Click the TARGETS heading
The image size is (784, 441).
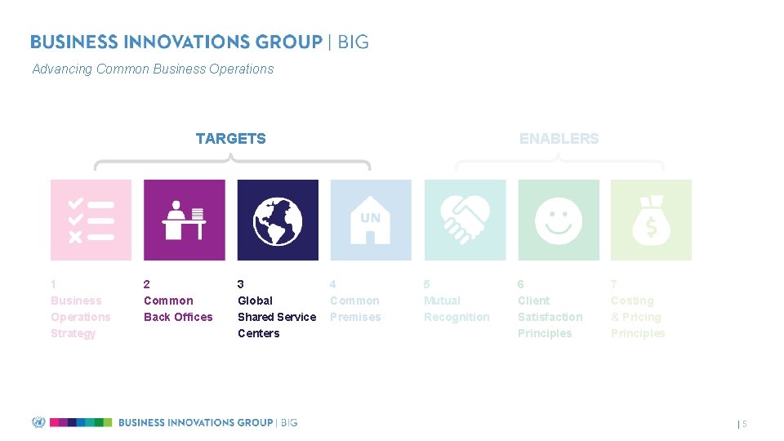point(230,139)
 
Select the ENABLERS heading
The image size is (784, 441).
point(559,139)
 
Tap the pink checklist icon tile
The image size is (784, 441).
point(91,220)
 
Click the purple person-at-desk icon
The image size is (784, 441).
point(184,220)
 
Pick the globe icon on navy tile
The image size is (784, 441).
point(278,220)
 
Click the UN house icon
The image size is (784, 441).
point(370,220)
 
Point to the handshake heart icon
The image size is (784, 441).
point(465,220)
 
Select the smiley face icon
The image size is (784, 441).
point(559,220)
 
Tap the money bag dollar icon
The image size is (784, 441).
point(651,220)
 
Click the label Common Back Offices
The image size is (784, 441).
point(178,309)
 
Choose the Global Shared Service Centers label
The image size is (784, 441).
point(276,317)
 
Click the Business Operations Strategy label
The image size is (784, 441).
point(80,317)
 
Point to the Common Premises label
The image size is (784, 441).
point(355,309)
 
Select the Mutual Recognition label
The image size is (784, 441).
point(456,309)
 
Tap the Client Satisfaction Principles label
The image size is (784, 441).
point(550,317)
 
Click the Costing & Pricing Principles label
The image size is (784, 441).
point(637,317)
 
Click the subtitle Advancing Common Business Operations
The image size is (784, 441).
point(153,69)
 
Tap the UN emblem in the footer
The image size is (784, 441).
point(38,422)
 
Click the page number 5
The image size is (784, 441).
point(744,424)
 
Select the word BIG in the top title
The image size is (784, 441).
point(353,42)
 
